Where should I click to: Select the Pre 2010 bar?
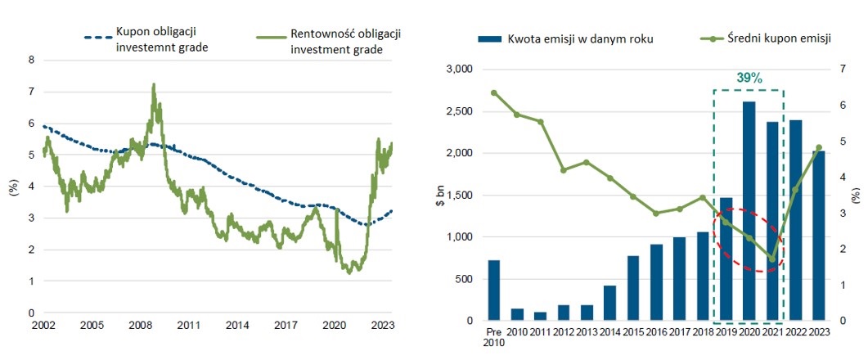point(493,290)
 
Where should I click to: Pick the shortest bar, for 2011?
point(540,316)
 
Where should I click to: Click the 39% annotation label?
point(749,79)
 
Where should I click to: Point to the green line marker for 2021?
point(771,259)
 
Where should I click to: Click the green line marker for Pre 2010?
point(493,92)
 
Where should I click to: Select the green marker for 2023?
point(818,148)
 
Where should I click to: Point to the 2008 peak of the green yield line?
point(153,84)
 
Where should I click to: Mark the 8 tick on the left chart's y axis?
point(32,60)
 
